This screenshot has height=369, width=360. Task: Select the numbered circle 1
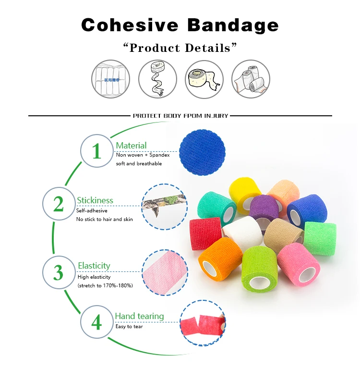96,151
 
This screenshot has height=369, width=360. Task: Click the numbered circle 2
59,204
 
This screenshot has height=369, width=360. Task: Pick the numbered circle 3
59,272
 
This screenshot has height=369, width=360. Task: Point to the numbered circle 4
96,321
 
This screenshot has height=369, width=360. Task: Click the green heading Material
131,145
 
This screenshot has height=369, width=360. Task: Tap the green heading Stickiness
95,200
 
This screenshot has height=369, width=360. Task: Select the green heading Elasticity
94,266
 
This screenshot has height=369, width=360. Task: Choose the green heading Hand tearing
139,316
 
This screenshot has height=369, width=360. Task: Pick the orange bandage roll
220,258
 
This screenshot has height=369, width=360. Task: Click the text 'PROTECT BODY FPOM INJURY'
180,116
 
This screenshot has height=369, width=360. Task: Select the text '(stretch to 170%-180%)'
105,285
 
